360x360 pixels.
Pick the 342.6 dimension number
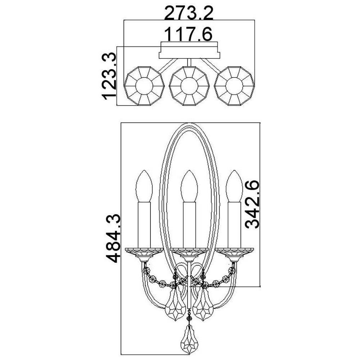click(x=252, y=204)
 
